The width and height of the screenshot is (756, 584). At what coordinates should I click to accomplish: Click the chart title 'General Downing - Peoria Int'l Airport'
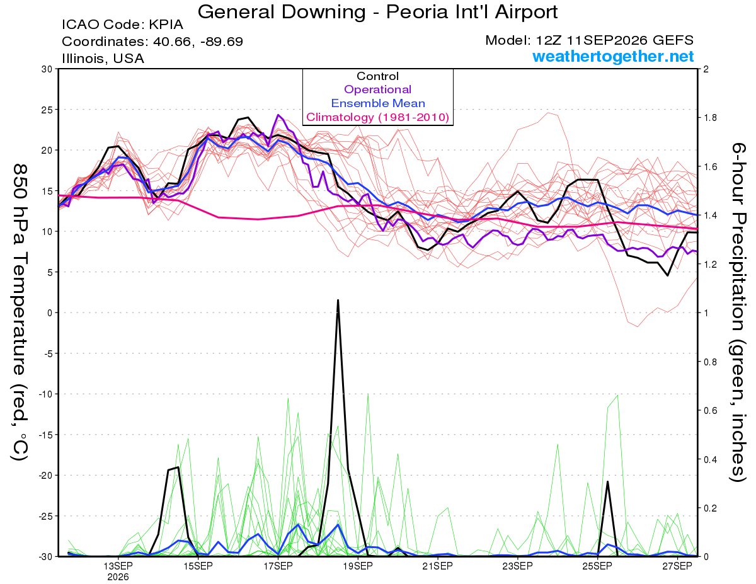tap(377, 12)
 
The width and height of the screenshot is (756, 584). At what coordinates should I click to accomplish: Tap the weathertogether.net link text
tap(612, 56)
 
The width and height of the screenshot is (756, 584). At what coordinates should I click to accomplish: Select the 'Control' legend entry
tap(377, 76)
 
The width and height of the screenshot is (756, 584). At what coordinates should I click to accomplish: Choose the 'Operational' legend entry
tap(377, 89)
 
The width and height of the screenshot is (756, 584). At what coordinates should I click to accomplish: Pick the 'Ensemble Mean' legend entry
tap(378, 103)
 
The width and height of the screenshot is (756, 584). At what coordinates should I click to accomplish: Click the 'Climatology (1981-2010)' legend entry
tap(378, 117)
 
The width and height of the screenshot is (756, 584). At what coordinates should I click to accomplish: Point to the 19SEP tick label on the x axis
tap(358, 566)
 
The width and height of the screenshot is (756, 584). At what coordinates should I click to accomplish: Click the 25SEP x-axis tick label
tap(597, 566)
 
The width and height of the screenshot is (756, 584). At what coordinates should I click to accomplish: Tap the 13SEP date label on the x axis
tap(118, 566)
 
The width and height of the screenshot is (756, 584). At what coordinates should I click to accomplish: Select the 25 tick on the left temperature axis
tap(47, 110)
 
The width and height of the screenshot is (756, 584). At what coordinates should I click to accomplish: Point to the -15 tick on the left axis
tap(45, 435)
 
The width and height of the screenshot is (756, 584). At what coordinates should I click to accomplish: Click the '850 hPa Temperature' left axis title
tap(20, 270)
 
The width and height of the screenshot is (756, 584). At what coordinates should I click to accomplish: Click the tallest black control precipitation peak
tap(338, 300)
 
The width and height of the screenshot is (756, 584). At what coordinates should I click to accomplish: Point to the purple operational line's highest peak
tap(278, 115)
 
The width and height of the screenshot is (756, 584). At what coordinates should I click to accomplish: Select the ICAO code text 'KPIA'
tap(166, 25)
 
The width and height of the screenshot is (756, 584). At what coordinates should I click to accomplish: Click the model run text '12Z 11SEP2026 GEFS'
tap(614, 40)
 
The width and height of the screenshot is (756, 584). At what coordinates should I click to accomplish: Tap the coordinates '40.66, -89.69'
tap(198, 42)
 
